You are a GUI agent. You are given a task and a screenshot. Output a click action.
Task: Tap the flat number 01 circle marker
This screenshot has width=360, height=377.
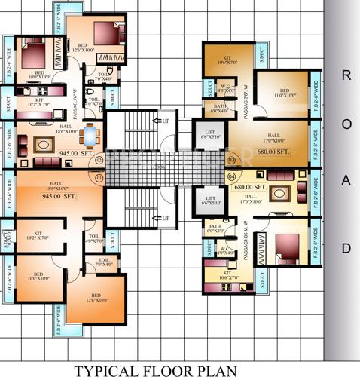tap(99, 178)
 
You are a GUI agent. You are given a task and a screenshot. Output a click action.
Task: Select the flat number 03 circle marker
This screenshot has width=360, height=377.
tap(232, 161)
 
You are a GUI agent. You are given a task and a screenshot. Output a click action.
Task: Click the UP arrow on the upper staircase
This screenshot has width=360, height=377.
tap(161, 120)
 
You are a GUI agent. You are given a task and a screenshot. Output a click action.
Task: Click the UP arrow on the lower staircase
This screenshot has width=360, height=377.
tap(161, 219)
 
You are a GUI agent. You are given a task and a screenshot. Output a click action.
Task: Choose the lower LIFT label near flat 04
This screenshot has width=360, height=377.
tap(209, 201)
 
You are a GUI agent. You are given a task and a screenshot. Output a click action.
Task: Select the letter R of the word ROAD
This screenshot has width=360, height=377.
tap(346, 75)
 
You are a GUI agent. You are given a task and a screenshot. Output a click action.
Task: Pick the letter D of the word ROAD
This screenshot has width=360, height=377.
tap(346, 247)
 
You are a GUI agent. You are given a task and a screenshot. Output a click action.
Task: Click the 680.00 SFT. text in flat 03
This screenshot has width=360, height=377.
tap(273, 152)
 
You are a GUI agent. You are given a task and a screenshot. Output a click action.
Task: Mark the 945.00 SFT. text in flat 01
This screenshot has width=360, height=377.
tap(59, 195)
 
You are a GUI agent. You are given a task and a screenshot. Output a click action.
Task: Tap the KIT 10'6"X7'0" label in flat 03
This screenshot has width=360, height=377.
tap(227, 61)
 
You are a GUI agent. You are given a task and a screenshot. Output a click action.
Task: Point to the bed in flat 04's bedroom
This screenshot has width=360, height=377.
tap(288, 247)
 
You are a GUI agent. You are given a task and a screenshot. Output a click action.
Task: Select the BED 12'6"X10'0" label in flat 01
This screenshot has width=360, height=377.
tap(96, 298)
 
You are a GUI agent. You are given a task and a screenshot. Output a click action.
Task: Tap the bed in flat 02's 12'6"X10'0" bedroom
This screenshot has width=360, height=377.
tap(108, 32)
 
